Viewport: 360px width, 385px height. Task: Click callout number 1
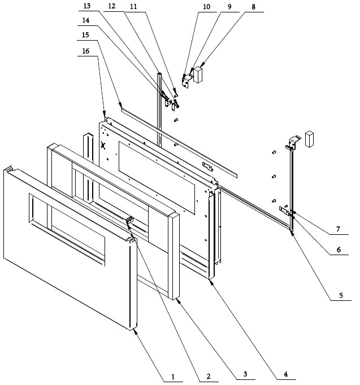click(x=173, y=377)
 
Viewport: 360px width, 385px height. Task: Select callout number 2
click(x=209, y=377)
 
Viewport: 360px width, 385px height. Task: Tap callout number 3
click(x=245, y=374)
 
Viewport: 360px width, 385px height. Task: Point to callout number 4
click(x=285, y=374)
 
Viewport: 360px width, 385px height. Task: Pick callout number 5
click(x=341, y=295)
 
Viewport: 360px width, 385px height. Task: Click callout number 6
click(x=339, y=250)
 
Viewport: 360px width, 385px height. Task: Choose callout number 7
click(x=338, y=229)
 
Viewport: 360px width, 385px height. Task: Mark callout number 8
click(x=253, y=7)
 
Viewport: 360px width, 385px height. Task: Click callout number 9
click(x=229, y=7)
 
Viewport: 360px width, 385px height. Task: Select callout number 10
click(x=206, y=7)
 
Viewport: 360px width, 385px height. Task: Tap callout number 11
click(x=133, y=6)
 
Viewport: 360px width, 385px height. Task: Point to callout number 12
click(x=111, y=6)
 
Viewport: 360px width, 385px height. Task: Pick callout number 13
click(x=87, y=6)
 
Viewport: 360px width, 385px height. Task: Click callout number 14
click(x=86, y=20)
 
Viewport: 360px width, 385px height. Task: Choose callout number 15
click(x=85, y=35)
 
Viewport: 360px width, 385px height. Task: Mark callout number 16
click(x=85, y=51)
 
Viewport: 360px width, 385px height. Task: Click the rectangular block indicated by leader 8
click(x=198, y=75)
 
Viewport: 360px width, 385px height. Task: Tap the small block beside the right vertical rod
click(x=309, y=139)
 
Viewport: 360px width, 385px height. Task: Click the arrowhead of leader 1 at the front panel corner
click(x=135, y=332)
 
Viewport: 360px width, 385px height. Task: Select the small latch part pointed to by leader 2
click(x=129, y=219)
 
